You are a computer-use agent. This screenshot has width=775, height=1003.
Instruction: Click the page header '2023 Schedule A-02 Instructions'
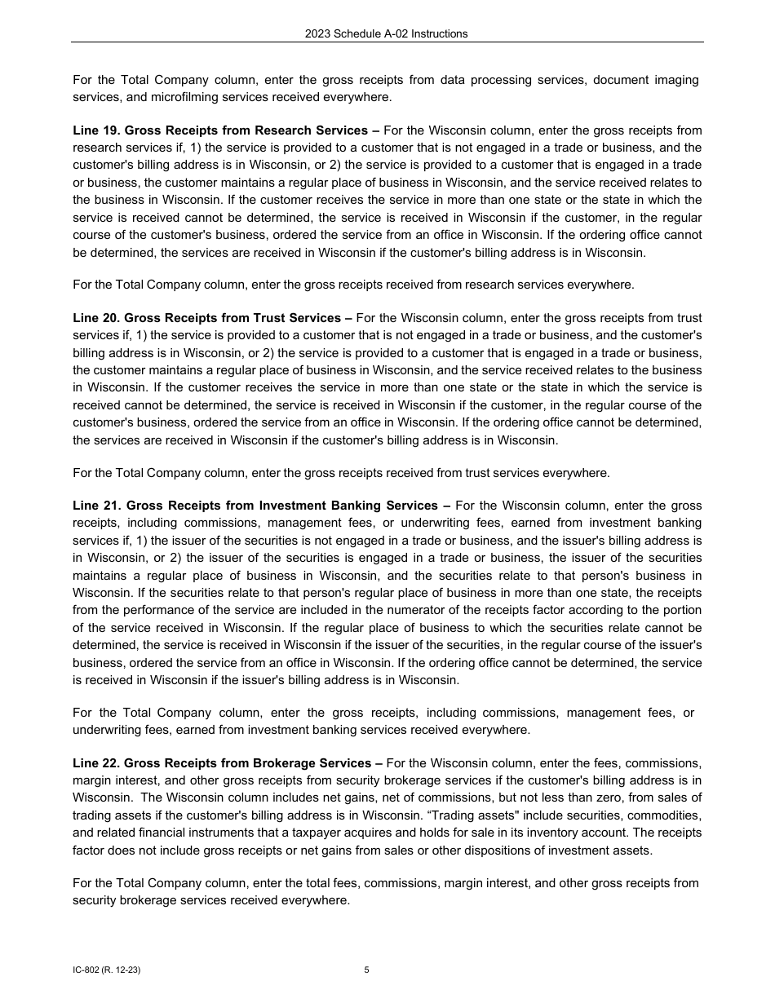[387, 33]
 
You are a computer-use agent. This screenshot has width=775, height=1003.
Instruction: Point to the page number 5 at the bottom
[366, 970]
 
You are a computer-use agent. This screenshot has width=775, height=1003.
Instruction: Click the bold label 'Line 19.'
[96, 130]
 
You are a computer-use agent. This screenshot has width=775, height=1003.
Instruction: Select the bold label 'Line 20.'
[96, 318]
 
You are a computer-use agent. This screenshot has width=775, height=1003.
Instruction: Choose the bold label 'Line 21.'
[96, 506]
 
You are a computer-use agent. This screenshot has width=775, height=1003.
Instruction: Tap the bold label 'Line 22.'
[96, 763]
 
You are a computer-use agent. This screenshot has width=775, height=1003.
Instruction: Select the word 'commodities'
[667, 815]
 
